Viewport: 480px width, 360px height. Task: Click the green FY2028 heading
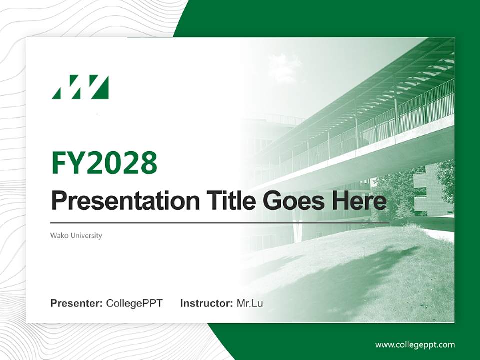[x=104, y=163]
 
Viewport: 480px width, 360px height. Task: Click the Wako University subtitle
[x=76, y=235]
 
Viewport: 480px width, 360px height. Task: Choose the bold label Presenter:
[x=76, y=303]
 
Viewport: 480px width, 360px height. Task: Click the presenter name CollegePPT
[x=134, y=303]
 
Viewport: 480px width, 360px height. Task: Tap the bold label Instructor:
[x=206, y=303]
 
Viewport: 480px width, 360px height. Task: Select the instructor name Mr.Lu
[x=250, y=303]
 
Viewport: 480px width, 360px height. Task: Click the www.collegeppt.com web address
[x=415, y=344]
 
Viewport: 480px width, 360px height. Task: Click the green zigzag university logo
[x=80, y=87]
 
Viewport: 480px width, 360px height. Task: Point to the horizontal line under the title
[x=220, y=222]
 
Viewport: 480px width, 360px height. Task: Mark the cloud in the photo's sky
[x=285, y=67]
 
